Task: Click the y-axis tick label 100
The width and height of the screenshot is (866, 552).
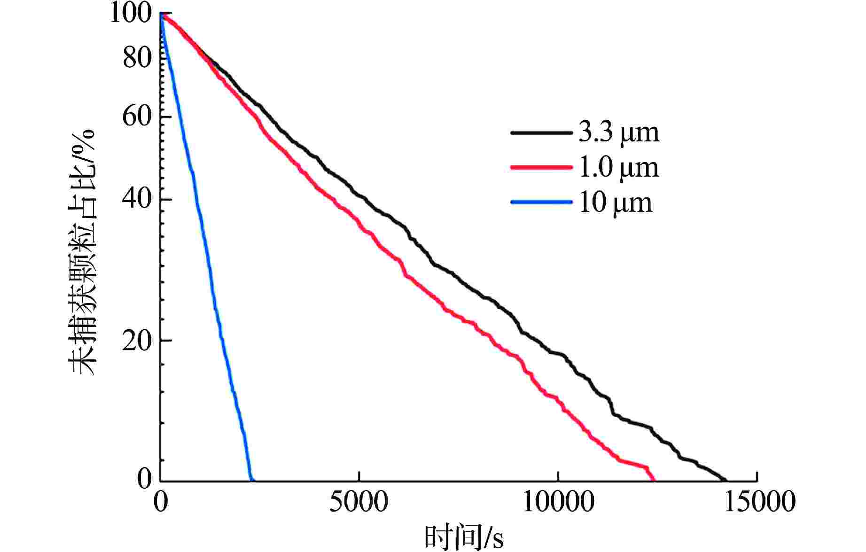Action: pyautogui.click(x=130, y=13)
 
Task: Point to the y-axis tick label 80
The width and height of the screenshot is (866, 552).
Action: pyautogui.click(x=137, y=58)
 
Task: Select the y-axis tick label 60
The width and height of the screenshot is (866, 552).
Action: pyautogui.click(x=137, y=116)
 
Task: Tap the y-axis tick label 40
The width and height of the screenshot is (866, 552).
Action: pyautogui.click(x=137, y=199)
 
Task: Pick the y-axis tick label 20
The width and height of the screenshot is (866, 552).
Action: pyautogui.click(x=137, y=340)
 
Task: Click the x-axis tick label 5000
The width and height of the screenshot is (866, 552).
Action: pyautogui.click(x=359, y=502)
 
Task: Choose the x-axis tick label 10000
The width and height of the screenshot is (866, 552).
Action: pyautogui.click(x=558, y=502)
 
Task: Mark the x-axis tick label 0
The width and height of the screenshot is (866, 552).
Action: pyautogui.click(x=161, y=502)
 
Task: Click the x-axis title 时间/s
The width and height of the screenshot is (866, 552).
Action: pyautogui.click(x=464, y=538)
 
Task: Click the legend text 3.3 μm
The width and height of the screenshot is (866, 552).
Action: pyautogui.click(x=618, y=132)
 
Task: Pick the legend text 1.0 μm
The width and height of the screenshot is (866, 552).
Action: pyautogui.click(x=618, y=168)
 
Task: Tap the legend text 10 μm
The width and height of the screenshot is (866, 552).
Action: pyautogui.click(x=616, y=203)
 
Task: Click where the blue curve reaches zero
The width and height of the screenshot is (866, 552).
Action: pyautogui.click(x=251, y=480)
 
